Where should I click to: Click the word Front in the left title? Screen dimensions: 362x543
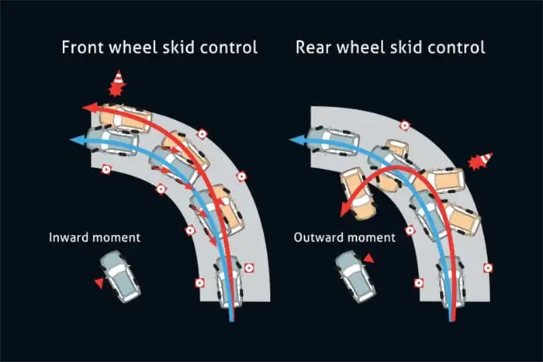[84, 47]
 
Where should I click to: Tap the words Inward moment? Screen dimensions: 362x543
[95, 237]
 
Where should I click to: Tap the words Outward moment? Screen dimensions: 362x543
[344, 237]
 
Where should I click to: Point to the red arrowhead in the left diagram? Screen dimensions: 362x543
[88, 108]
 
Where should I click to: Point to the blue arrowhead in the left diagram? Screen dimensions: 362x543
[74, 140]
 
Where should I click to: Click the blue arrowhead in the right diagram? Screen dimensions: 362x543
[296, 140]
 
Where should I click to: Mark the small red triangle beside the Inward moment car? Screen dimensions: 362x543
[99, 283]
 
